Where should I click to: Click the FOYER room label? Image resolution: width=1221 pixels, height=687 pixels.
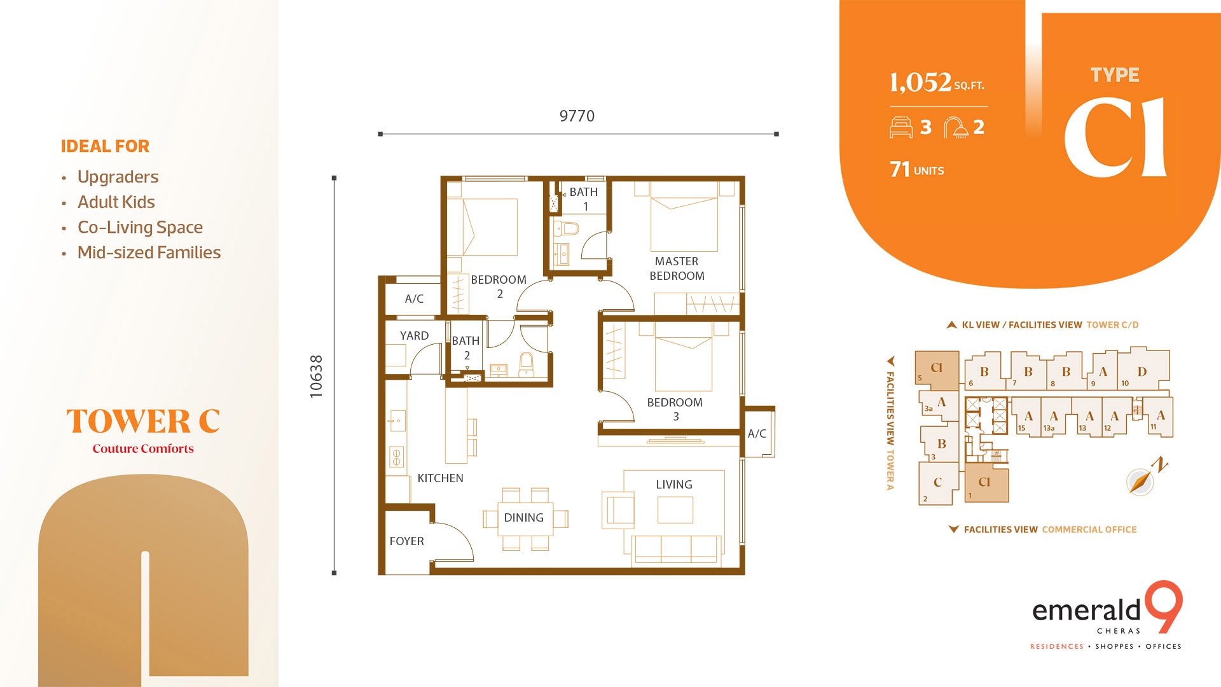click(406, 541)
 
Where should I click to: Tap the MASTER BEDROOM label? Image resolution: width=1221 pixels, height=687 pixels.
click(677, 268)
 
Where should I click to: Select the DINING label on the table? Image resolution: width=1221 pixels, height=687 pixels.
click(523, 518)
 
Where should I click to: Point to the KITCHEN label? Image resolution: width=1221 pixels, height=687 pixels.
click(440, 478)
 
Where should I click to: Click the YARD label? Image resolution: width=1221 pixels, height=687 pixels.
click(414, 336)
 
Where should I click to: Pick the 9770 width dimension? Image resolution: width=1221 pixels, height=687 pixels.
click(577, 116)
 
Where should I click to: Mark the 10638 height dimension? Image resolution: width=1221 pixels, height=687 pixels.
click(316, 377)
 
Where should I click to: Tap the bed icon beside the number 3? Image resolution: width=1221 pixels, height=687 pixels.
click(901, 127)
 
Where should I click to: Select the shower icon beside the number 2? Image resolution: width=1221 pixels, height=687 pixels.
click(955, 127)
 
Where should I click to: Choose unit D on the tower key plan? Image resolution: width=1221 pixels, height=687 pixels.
click(1142, 371)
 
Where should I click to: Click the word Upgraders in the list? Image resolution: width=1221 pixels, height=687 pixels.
click(118, 177)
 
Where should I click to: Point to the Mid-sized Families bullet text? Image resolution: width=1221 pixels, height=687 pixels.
click(149, 253)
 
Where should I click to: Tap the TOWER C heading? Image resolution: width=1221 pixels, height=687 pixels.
click(143, 421)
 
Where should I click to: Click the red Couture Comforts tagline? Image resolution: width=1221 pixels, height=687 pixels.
click(143, 448)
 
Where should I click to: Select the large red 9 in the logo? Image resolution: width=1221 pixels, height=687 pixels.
click(1164, 606)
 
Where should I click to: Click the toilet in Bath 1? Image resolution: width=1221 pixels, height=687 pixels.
click(569, 228)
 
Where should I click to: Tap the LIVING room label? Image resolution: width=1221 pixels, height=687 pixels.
click(674, 485)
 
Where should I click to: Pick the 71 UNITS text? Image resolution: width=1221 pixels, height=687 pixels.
click(916, 169)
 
